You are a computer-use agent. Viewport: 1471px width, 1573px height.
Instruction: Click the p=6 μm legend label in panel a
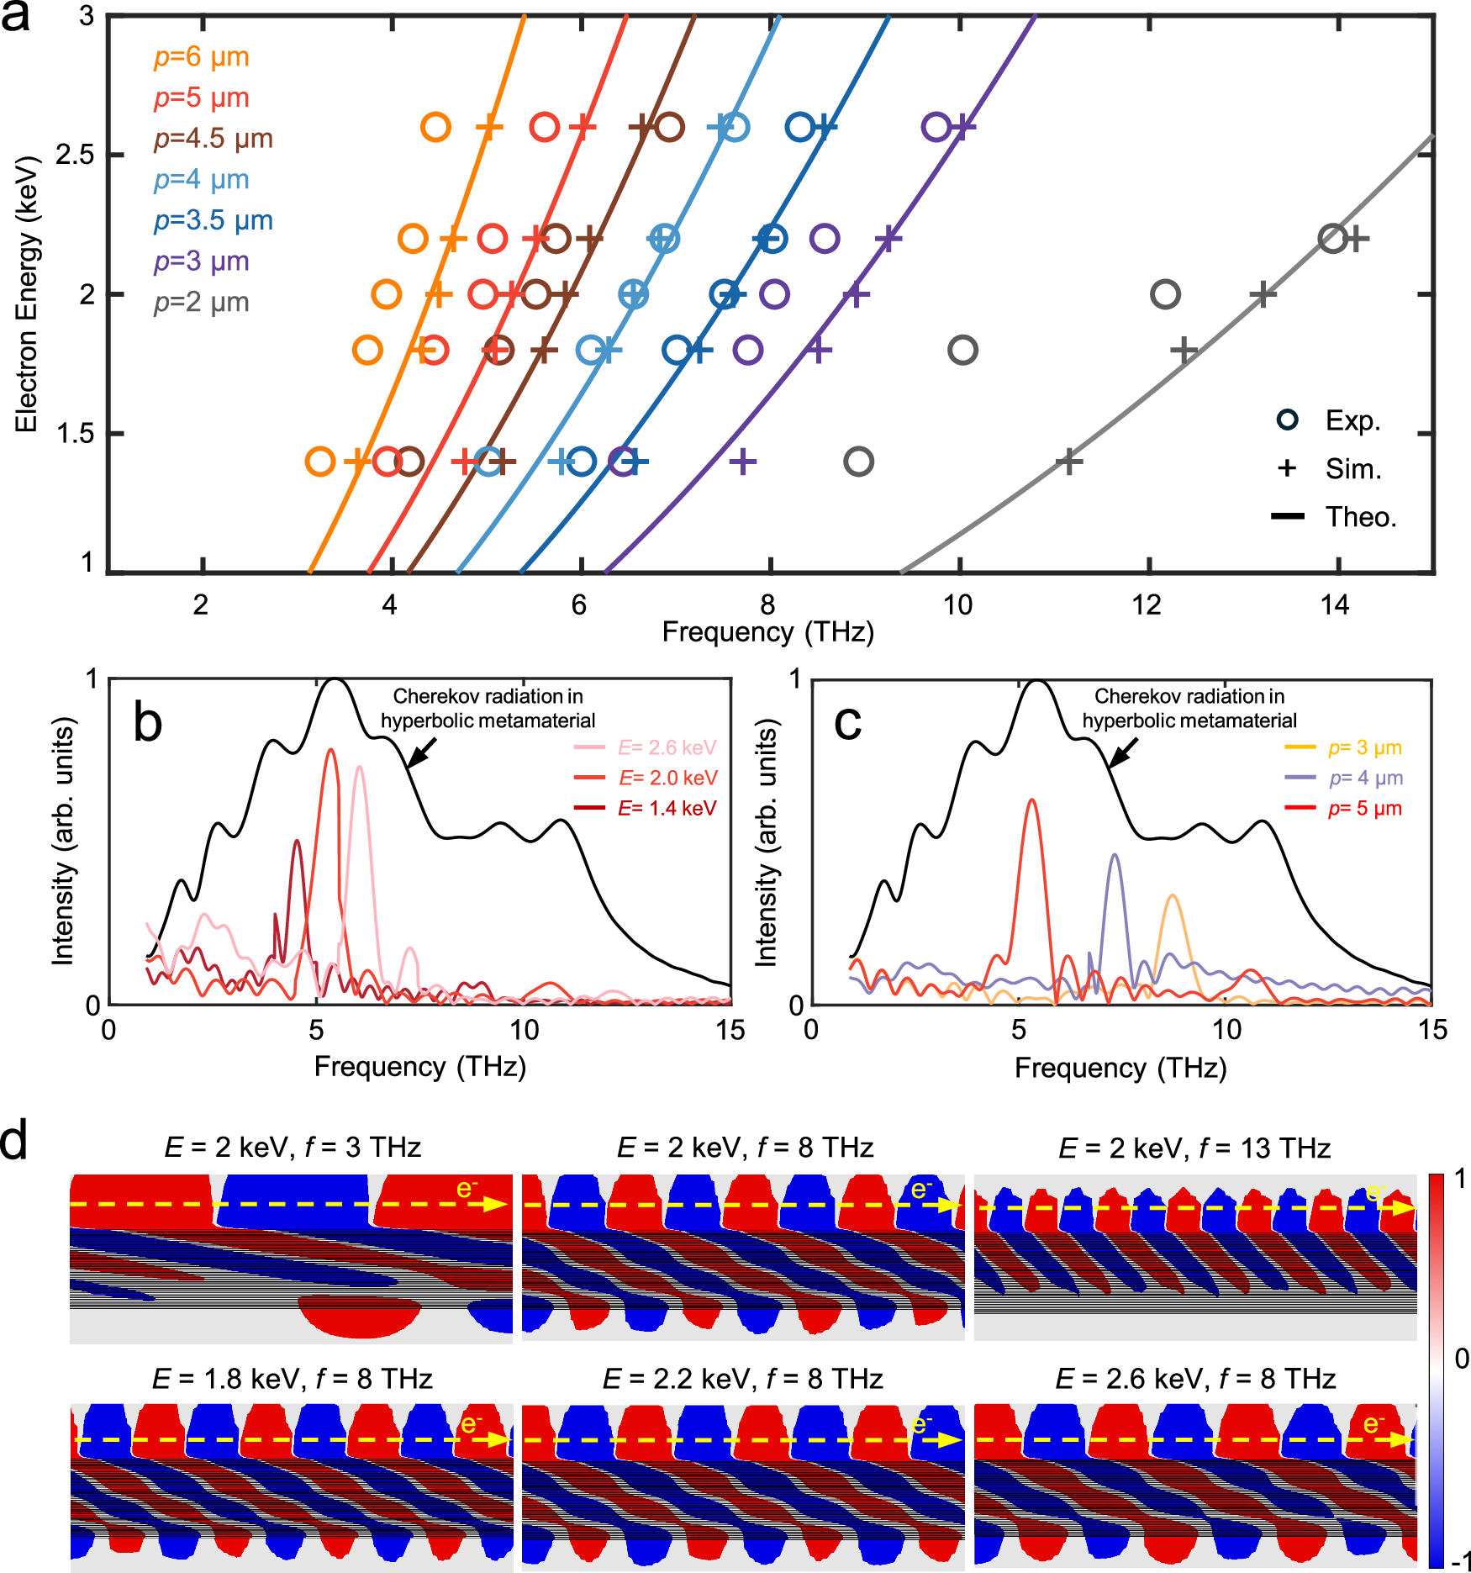coord(201,57)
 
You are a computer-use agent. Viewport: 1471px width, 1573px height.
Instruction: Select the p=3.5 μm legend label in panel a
coord(213,220)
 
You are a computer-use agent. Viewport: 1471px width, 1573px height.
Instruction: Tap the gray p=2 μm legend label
coord(201,303)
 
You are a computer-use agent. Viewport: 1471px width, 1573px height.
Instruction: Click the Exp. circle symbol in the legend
coord(1287,420)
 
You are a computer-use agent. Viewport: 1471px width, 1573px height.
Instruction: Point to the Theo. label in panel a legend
coord(1360,517)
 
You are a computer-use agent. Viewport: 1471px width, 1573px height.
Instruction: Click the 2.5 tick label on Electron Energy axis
coord(74,156)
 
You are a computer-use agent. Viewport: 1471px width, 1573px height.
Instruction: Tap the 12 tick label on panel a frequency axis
coord(1147,605)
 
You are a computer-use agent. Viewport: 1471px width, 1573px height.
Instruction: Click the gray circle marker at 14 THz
coord(1333,239)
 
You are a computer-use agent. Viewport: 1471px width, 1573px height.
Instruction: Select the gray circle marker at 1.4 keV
coord(858,462)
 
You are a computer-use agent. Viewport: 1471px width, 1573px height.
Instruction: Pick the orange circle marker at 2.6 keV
coord(435,128)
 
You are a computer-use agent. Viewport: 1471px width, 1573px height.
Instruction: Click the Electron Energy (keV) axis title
coord(26,294)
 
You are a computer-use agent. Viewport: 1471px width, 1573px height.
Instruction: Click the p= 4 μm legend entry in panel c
coord(1365,778)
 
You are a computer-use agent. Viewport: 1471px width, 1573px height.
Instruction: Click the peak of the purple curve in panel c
coord(1115,856)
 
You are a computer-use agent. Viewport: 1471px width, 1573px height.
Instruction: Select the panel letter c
coord(847,721)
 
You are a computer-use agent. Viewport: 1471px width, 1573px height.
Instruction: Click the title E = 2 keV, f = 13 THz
coord(1194,1148)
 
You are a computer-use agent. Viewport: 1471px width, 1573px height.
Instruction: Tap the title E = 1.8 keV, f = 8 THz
coord(292,1380)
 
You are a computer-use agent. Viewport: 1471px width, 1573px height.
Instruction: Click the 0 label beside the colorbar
coord(1461,1359)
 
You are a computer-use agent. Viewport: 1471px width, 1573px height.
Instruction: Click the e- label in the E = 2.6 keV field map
coord(1373,1424)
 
